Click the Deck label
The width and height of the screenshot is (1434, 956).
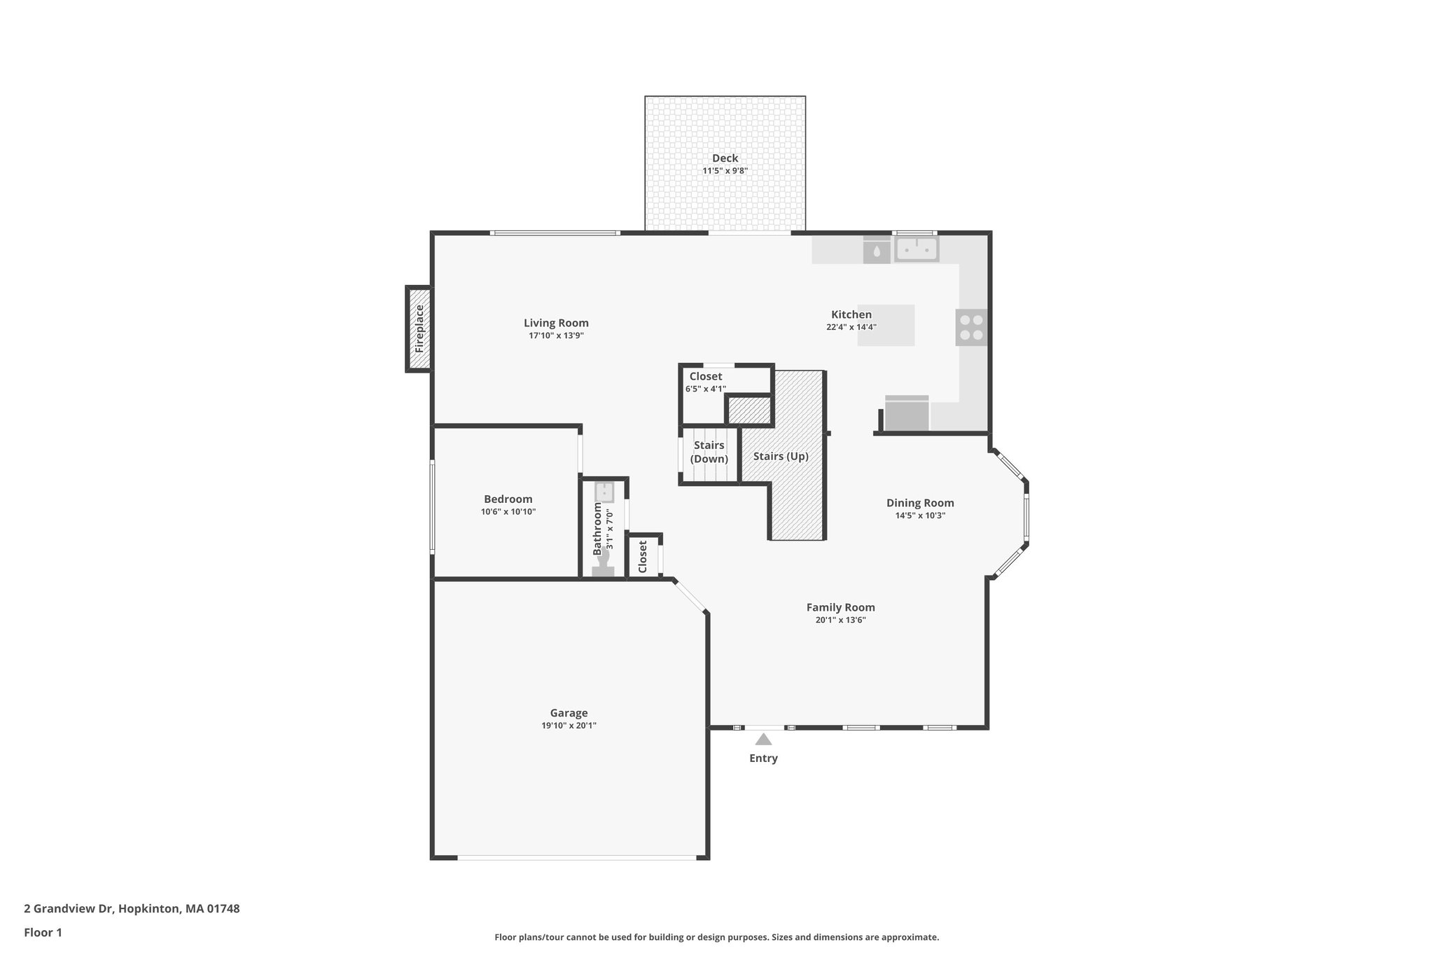tap(725, 158)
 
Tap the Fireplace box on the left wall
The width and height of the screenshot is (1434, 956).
tap(419, 328)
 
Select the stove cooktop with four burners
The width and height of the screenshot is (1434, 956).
tap(971, 327)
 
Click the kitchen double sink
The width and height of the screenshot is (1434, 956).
tap(916, 249)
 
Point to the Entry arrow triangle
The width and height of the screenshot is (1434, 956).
tap(763, 740)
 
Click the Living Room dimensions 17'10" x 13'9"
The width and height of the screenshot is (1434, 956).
tap(556, 335)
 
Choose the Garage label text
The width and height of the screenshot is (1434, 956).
tap(569, 713)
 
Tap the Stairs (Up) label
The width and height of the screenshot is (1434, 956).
tap(781, 456)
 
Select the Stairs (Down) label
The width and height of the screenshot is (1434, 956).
tap(709, 452)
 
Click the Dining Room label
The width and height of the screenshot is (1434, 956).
tap(920, 503)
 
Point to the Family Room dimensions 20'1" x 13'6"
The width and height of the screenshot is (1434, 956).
tap(840, 620)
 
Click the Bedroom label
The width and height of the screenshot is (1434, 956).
tap(508, 499)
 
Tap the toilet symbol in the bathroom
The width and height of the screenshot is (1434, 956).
tap(603, 564)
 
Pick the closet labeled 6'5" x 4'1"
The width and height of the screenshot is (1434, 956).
tap(705, 382)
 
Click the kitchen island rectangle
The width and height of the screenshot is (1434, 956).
tap(886, 325)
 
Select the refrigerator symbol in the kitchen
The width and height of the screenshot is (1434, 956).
tap(907, 413)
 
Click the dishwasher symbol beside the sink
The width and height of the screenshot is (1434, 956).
tap(876, 250)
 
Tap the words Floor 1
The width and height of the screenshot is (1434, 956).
tap(43, 932)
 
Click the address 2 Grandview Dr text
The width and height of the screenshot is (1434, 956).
tap(132, 908)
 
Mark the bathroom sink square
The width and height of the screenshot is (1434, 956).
tap(604, 492)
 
